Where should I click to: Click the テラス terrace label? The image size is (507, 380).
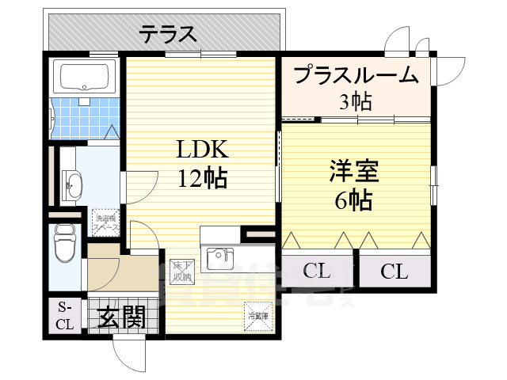(x=167, y=34)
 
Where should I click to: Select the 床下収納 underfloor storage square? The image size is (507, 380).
(x=182, y=272)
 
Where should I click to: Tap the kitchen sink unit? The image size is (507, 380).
(x=219, y=258)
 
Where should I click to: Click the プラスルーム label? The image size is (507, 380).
(x=355, y=76)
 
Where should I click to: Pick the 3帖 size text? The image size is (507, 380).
(x=355, y=101)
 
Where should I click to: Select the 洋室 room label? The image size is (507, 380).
(x=353, y=171)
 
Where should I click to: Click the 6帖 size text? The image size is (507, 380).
(x=353, y=200)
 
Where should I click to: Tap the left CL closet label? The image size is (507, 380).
(x=316, y=272)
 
